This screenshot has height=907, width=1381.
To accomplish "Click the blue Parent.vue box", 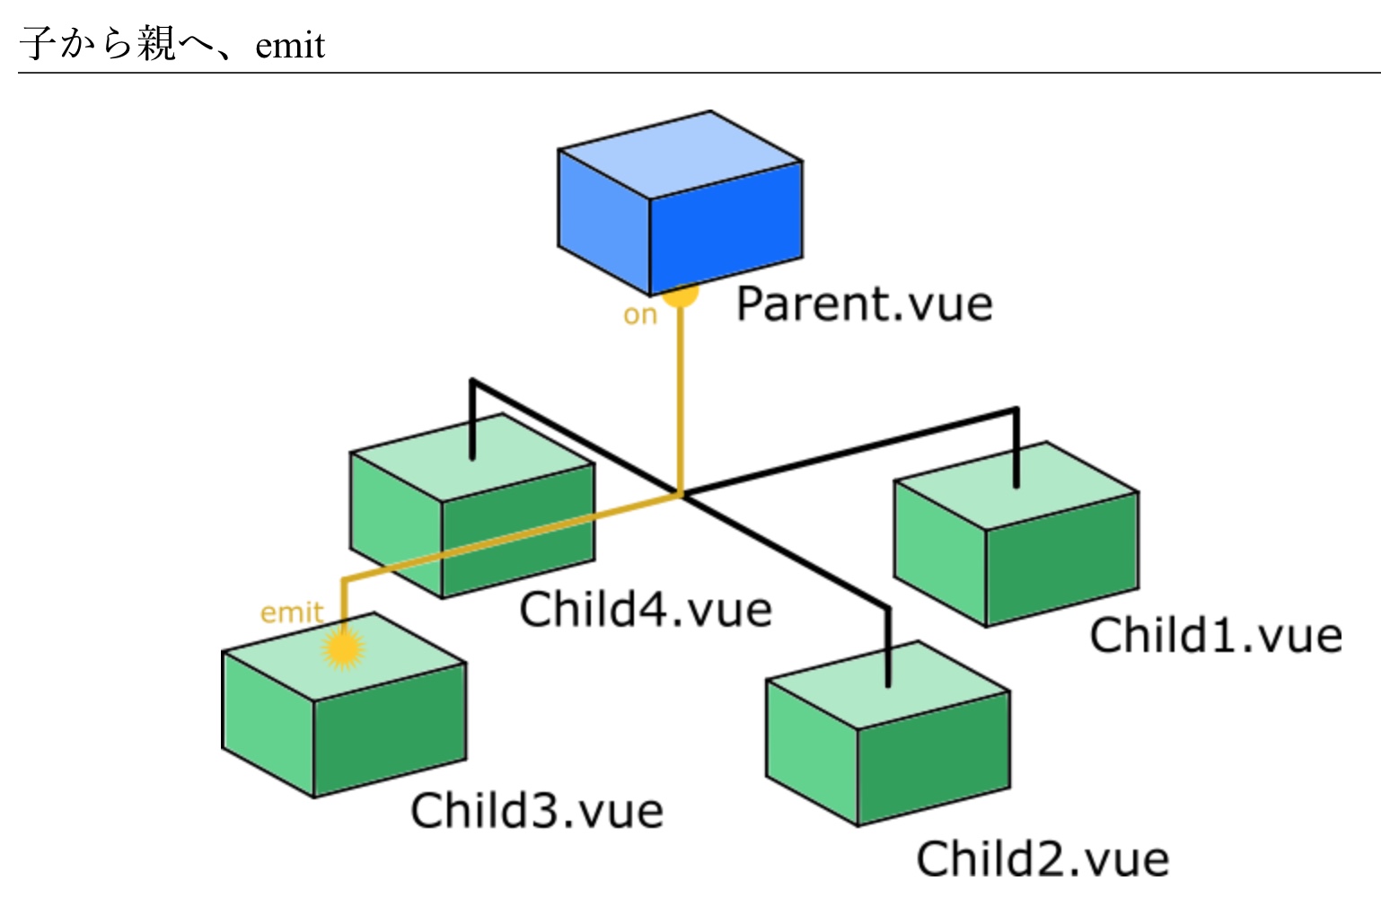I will (x=680, y=203).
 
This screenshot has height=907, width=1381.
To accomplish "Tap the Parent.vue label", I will (x=864, y=304).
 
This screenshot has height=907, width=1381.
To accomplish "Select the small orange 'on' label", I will (x=640, y=315).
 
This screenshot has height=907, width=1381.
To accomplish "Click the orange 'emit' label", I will (x=291, y=612).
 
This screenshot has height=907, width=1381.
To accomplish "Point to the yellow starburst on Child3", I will (x=342, y=648).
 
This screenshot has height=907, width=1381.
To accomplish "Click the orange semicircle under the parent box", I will (x=681, y=295).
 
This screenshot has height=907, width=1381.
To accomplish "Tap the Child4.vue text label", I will (x=646, y=611).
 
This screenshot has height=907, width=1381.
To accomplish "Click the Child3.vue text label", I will (x=537, y=811).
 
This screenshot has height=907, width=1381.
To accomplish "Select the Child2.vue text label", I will (x=1042, y=859).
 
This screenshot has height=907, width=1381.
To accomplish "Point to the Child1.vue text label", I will (x=1216, y=636).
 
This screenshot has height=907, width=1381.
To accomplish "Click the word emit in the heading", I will (x=290, y=45).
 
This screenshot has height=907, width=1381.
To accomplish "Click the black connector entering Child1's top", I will (x=1016, y=449).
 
